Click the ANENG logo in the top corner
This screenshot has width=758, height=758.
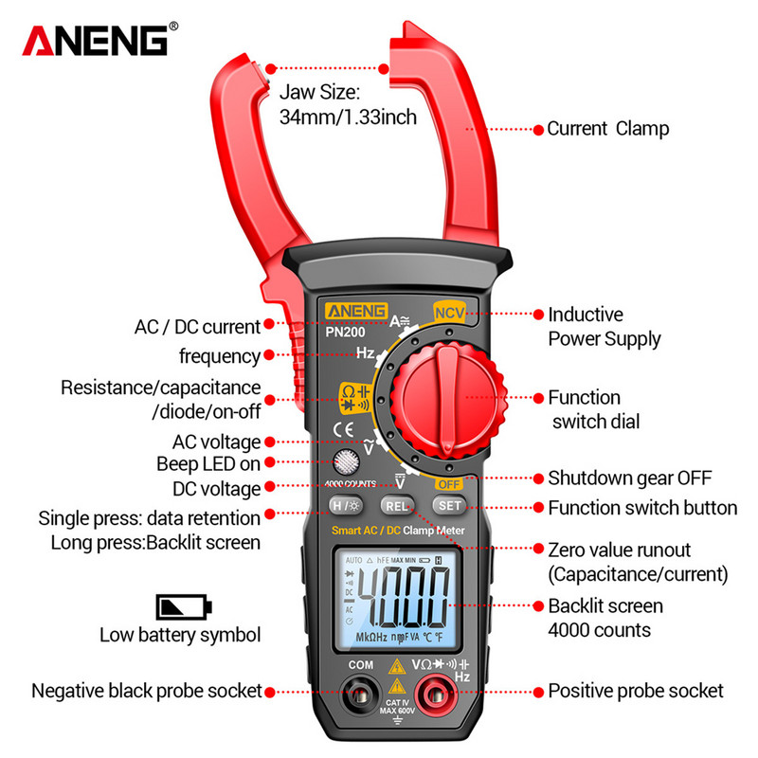tap(95, 41)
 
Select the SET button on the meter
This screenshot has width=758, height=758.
tap(450, 506)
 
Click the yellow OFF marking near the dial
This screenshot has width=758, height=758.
tap(448, 483)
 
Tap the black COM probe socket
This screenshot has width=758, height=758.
tap(360, 696)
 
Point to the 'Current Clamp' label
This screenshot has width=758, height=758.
tap(607, 129)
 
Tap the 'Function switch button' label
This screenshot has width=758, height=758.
tap(642, 508)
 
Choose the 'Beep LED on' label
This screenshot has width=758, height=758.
tap(208, 463)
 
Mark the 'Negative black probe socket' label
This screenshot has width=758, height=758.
tap(147, 691)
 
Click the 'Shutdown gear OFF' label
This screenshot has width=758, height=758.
tap(629, 478)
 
